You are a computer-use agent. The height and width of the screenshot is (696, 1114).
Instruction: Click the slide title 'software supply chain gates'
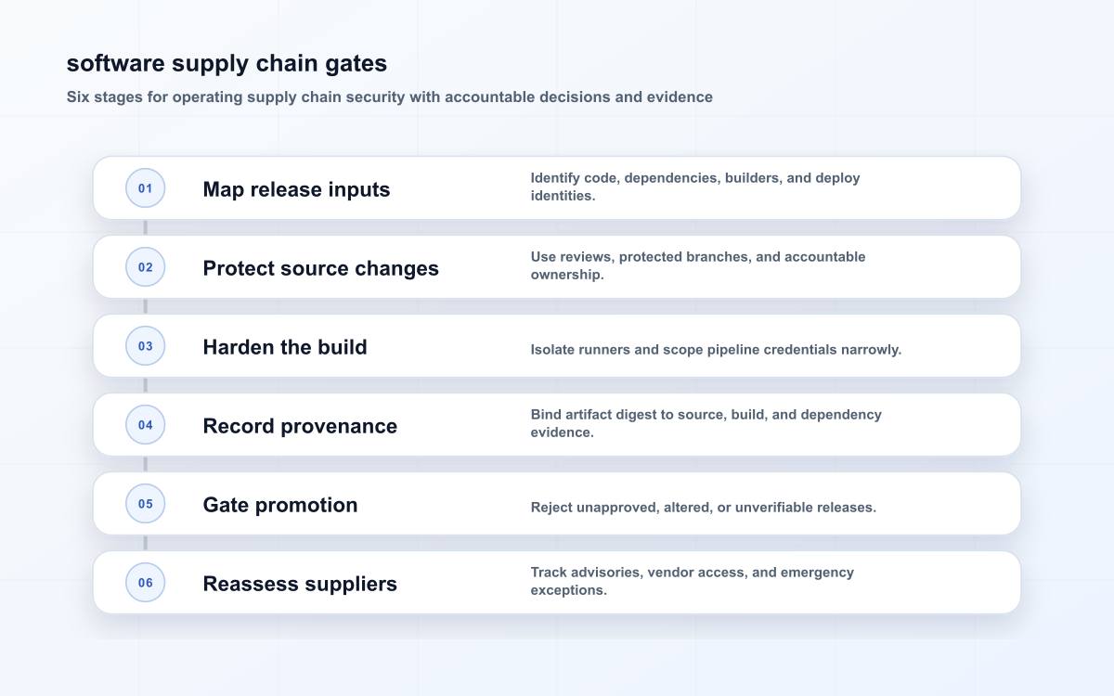227,64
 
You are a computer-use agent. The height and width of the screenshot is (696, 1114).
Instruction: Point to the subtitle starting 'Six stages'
389,97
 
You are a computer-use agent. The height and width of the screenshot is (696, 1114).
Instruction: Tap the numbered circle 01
145,187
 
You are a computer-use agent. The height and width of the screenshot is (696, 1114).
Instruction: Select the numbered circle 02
145,267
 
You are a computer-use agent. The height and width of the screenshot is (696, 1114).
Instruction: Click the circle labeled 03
145,345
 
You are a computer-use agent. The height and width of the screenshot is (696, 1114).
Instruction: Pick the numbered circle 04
145,425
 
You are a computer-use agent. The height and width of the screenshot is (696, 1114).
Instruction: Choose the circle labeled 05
145,504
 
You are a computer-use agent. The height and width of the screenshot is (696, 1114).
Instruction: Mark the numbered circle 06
145,582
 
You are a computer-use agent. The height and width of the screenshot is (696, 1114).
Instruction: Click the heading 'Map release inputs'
296,189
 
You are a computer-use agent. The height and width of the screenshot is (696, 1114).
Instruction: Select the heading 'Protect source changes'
321,268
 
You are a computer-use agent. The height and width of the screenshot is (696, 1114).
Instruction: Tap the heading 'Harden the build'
285,347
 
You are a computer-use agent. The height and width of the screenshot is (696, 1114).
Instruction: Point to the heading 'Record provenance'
300,426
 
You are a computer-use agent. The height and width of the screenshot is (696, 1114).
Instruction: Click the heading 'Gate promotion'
280,505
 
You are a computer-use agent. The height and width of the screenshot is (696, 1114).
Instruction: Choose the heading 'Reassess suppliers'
300,584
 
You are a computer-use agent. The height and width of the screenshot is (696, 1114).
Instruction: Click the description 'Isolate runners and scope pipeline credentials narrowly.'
716,350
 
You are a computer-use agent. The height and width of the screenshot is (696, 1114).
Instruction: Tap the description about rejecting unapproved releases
704,507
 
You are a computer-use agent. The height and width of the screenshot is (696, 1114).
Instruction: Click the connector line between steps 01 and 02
145,227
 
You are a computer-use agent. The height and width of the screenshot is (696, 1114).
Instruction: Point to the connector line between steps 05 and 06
145,543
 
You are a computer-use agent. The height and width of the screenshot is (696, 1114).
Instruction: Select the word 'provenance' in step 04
339,427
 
